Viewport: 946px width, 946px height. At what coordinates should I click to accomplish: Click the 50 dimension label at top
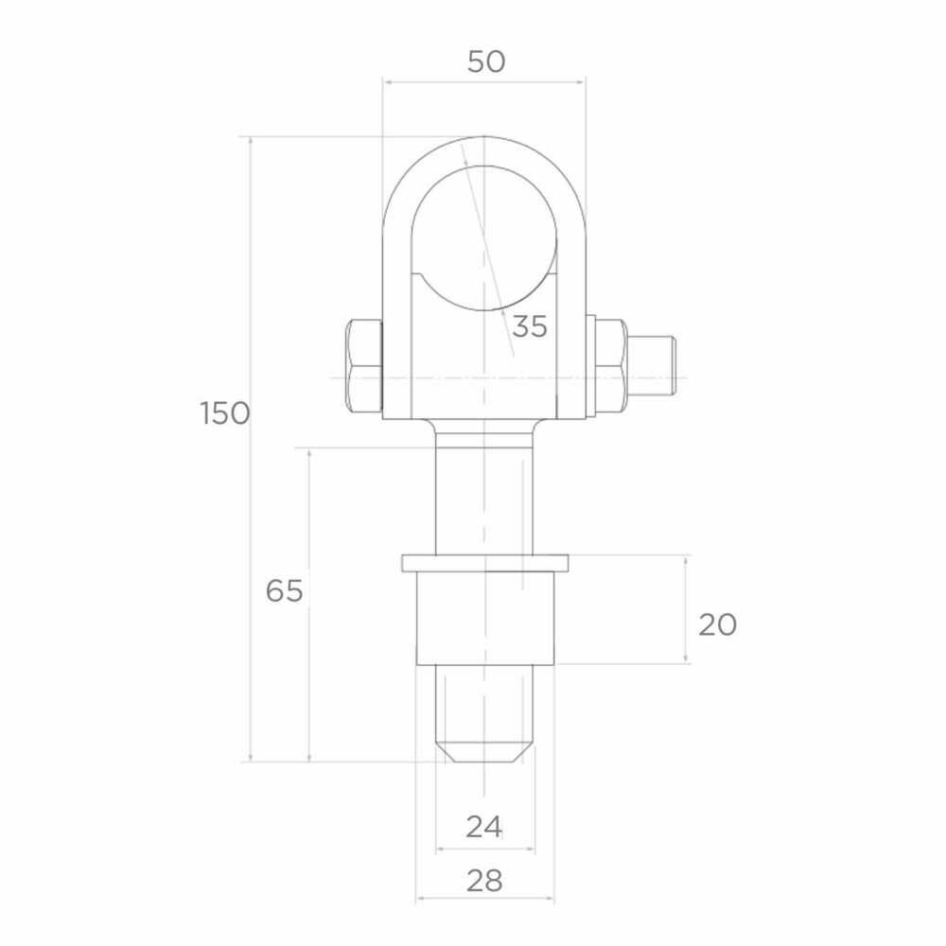tap(486, 61)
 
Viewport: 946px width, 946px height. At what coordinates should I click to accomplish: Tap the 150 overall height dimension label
tap(225, 414)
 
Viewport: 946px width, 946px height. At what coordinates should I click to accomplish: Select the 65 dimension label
tap(284, 590)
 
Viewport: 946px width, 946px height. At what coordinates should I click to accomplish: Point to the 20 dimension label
tap(717, 624)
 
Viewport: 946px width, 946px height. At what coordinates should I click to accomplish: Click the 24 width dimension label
tap(483, 827)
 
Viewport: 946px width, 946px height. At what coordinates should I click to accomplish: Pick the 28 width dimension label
tap(484, 881)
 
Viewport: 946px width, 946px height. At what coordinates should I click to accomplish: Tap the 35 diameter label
tap(530, 326)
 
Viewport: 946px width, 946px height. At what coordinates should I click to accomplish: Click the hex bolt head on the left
tap(364, 367)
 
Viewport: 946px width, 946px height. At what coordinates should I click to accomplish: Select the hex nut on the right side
tap(610, 366)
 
